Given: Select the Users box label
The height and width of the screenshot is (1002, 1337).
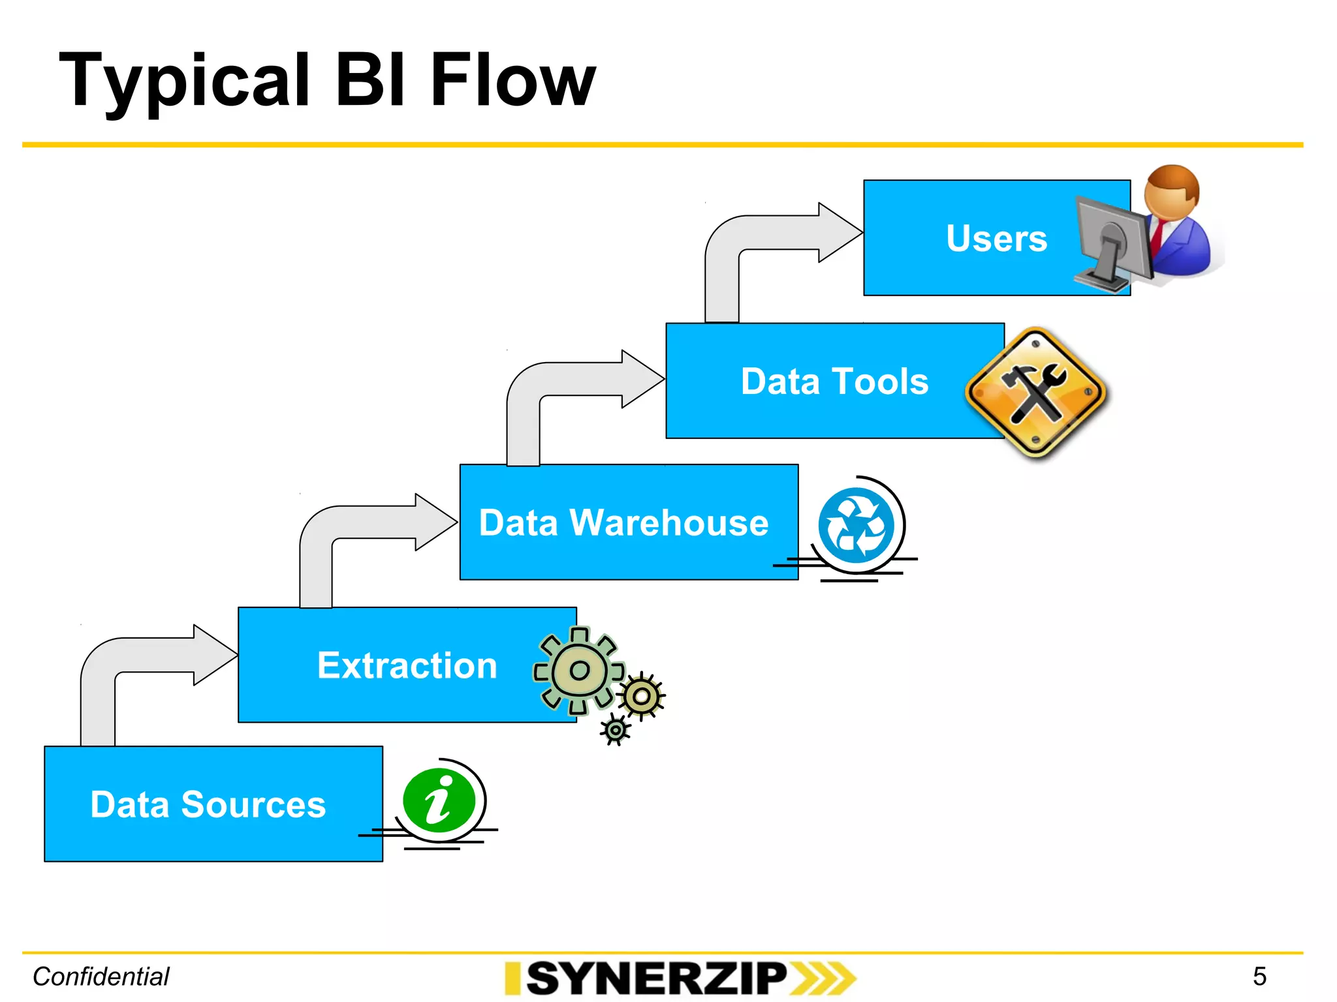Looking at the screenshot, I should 996,238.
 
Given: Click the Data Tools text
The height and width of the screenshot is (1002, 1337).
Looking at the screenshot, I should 834,381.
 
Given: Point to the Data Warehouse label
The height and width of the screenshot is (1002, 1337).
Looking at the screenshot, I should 623,523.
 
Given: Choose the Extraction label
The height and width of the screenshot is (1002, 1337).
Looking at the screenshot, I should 407,665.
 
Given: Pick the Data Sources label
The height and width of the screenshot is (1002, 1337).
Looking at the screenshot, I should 208,804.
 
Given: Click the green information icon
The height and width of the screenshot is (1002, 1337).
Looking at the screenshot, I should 439,800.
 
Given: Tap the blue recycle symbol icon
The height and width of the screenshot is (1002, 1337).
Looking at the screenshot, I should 856,525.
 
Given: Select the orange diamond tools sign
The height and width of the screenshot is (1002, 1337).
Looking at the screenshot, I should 1036,393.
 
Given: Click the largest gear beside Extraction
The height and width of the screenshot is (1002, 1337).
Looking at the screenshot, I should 579,671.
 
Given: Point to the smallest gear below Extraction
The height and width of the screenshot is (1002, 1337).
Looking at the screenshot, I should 615,730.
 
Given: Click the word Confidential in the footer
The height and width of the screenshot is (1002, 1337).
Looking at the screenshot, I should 101,977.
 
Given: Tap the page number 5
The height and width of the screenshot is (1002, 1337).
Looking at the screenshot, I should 1259,977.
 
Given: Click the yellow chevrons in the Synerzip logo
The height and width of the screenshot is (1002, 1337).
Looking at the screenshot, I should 823,978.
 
